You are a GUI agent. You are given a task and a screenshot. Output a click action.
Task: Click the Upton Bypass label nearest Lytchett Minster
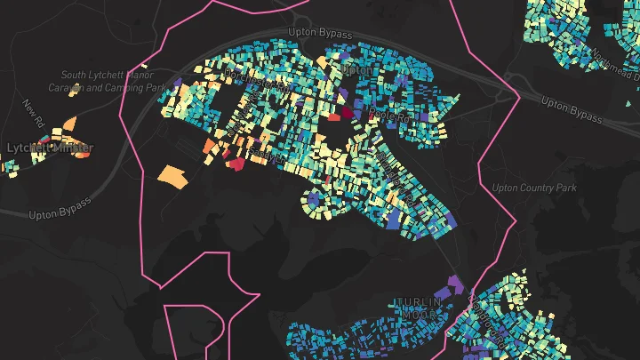[x=60, y=214]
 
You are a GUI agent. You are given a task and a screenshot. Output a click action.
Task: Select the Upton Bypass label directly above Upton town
[x=320, y=34]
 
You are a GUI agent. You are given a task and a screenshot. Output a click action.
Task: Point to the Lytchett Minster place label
[x=50, y=148]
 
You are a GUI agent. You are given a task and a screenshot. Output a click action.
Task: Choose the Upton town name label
[x=356, y=68]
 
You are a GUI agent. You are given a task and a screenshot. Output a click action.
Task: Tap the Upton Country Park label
[x=534, y=188]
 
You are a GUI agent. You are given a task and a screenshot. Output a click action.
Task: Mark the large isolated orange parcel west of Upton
[x=173, y=176]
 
